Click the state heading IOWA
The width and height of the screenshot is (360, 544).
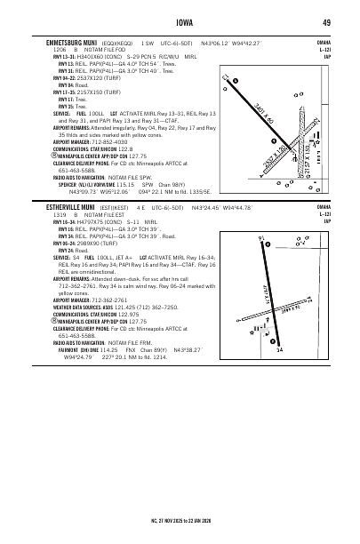[x=180, y=22]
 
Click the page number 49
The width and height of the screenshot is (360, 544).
[x=327, y=22]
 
